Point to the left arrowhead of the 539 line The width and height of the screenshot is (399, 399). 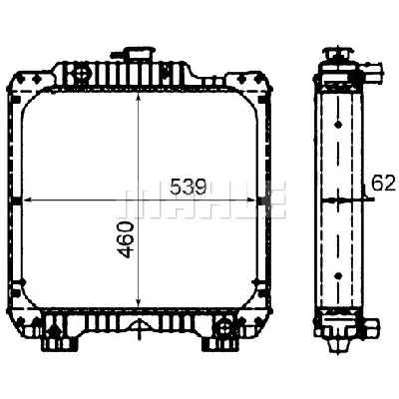point(26,200)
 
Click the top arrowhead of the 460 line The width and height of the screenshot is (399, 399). point(139,72)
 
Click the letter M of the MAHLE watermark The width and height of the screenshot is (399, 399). point(134,202)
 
